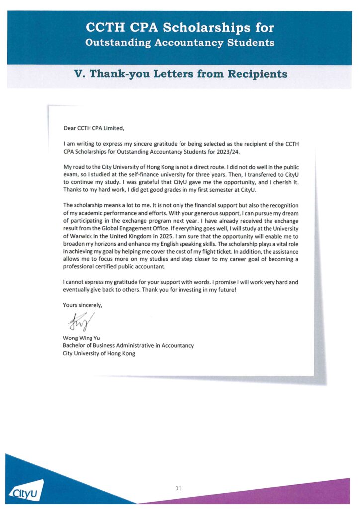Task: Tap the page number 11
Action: (179, 488)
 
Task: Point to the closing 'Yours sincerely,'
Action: (83, 304)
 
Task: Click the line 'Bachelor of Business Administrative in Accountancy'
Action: (128, 346)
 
